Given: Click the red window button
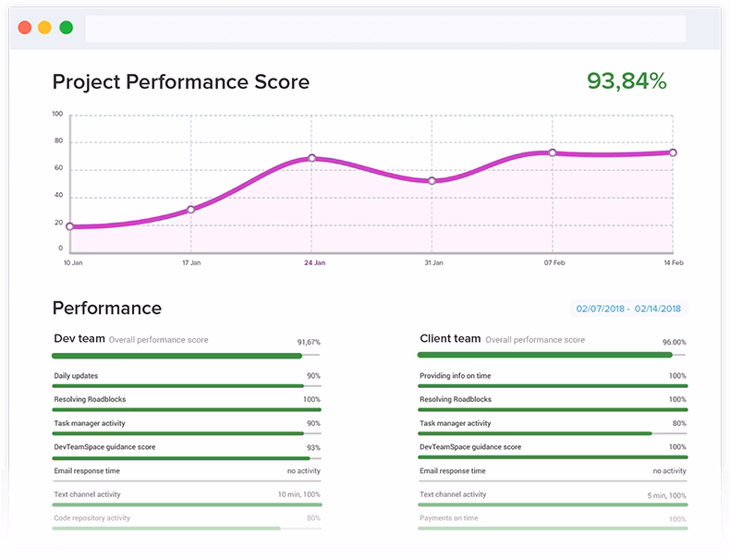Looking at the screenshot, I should click(25, 28).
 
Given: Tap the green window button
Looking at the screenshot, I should click(67, 28).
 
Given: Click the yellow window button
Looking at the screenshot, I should click(45, 28).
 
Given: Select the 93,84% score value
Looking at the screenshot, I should click(627, 81).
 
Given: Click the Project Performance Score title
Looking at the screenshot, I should click(181, 81).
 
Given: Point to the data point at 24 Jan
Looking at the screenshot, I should click(312, 158).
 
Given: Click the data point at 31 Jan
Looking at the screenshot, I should click(432, 181).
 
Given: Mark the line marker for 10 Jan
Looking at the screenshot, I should click(69, 226).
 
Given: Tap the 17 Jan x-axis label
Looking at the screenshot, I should click(190, 263).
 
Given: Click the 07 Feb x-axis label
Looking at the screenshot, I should click(554, 263).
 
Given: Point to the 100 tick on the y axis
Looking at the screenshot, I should click(57, 115).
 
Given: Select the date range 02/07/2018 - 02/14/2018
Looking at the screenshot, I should click(628, 309).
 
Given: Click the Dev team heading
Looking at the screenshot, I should click(79, 339).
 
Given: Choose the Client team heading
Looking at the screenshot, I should click(450, 339).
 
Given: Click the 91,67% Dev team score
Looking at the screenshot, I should click(309, 342).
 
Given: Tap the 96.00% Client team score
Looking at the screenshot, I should click(674, 342).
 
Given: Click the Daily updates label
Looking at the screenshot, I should click(76, 376).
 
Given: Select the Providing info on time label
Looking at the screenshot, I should click(456, 376).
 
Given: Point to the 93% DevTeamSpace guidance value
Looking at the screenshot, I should click(313, 447).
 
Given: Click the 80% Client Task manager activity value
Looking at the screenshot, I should click(679, 423).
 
